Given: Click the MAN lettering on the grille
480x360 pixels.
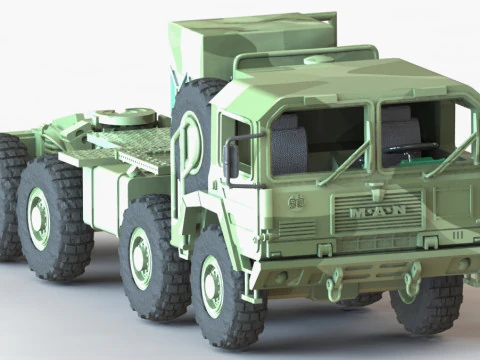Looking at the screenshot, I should pos(378,212).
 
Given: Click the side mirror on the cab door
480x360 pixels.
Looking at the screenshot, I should pos(232,159).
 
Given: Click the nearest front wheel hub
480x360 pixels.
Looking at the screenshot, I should pos(212,286).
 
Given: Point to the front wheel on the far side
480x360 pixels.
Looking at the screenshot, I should pos(428,303).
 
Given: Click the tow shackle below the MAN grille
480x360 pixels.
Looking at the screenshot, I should pos(336,289).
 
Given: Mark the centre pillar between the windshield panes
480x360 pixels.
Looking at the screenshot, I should pos(375,136).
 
